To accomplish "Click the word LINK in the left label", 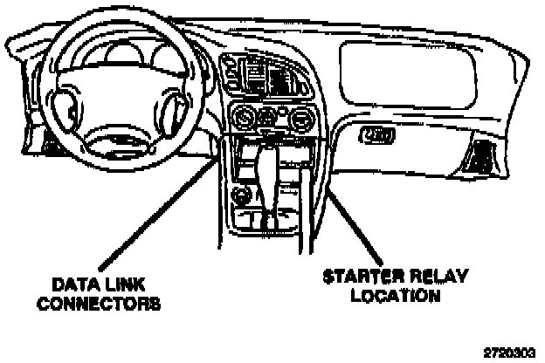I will pos(122,284).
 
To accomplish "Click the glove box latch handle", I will pos(376,134).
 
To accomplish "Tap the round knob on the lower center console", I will pos(239,194).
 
